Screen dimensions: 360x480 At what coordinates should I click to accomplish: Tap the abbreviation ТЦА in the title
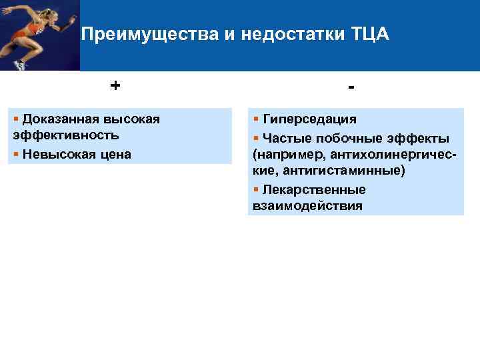[x=369, y=34]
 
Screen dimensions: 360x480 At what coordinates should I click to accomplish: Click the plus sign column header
[x=116, y=85]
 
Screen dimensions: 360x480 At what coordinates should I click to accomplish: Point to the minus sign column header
[x=351, y=88]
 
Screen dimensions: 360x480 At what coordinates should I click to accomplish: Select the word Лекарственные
[x=314, y=190]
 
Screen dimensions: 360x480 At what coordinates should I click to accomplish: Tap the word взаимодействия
[x=308, y=206]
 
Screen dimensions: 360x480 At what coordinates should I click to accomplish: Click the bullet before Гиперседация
[x=256, y=119]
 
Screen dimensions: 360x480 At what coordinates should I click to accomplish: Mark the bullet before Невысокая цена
[x=16, y=154]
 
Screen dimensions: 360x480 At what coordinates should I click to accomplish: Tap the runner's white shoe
[x=20, y=65]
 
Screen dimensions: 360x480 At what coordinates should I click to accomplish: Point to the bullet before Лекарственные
[x=256, y=190]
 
